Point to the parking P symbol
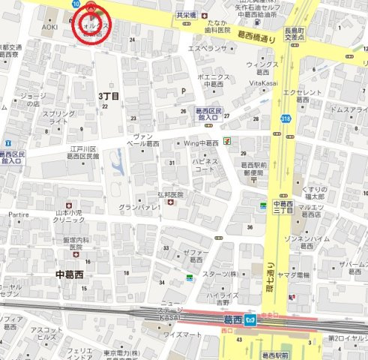pos(182,91)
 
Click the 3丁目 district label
pos(109,97)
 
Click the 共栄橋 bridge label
pos(186,15)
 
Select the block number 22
pos(105,106)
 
